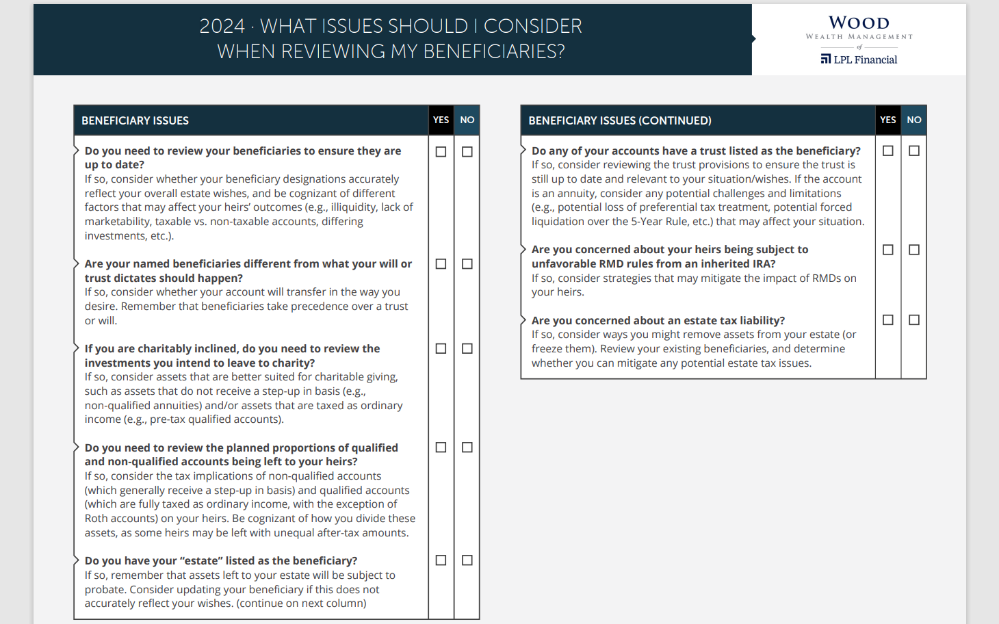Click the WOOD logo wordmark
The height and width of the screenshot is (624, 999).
pos(859,23)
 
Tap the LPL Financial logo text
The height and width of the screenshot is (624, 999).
pos(865,60)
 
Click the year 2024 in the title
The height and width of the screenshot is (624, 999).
pos(222,26)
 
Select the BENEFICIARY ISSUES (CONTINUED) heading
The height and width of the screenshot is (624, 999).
pos(620,120)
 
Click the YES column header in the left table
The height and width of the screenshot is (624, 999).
pos(441,120)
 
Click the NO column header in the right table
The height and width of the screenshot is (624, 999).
pos(914,120)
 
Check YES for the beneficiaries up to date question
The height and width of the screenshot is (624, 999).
pos(441,151)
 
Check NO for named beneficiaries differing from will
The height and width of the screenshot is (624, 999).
pos(467,264)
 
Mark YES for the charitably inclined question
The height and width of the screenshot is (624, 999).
pos(441,349)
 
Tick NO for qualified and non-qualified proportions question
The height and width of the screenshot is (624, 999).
pos(467,447)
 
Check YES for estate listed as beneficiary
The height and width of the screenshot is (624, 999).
pos(441,560)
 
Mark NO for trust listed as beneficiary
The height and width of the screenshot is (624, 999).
pos(914,151)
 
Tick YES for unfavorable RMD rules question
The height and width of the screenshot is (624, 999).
pos(888,250)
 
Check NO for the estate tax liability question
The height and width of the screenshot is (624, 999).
pos(914,320)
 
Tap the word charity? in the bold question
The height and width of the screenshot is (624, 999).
pos(291,363)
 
